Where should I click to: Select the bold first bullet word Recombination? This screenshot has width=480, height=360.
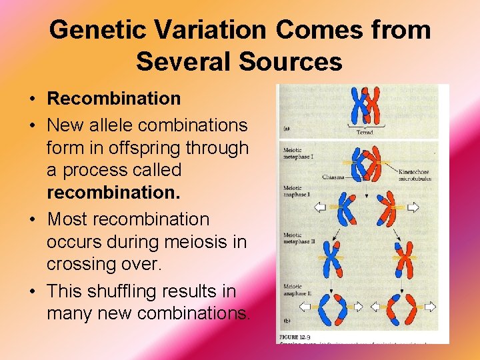pyautogui.click(x=113, y=99)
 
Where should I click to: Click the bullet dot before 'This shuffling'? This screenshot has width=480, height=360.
pyautogui.click(x=33, y=292)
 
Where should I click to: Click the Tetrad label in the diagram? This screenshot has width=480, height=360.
pyautogui.click(x=365, y=133)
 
